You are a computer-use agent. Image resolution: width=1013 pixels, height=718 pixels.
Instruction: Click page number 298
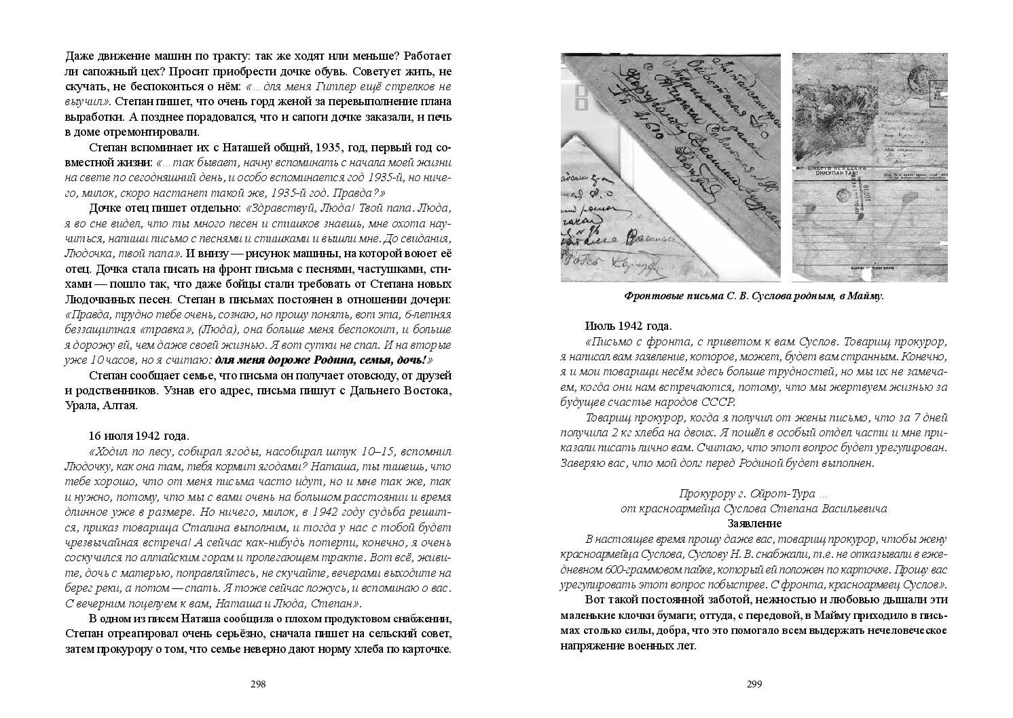(258, 684)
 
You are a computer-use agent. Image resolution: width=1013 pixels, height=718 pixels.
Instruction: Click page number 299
(754, 684)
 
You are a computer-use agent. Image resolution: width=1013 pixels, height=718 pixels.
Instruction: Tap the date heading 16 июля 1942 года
(139, 435)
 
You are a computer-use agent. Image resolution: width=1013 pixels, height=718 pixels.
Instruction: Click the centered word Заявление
(754, 523)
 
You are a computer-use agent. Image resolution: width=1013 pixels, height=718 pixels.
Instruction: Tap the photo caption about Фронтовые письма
(754, 296)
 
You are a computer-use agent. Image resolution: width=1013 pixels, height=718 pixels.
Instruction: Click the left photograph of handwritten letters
(670, 167)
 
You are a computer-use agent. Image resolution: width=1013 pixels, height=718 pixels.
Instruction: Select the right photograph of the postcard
(870, 167)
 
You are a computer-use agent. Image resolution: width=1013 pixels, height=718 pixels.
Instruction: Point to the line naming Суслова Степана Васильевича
(754, 508)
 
